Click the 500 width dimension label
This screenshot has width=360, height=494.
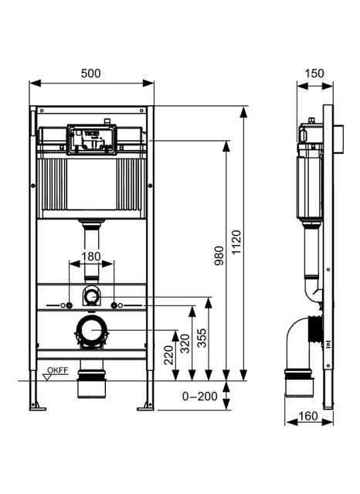(90, 73)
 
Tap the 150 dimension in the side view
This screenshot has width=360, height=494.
(314, 73)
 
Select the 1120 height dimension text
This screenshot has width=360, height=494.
(236, 242)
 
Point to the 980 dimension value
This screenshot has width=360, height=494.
(219, 256)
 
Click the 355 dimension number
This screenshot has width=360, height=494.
(202, 338)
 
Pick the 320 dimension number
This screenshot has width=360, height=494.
(185, 343)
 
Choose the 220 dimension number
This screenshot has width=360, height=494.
(169, 355)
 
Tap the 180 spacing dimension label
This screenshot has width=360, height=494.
(91, 257)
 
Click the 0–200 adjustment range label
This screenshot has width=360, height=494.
(199, 396)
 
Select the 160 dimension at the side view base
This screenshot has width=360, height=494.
(307, 416)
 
